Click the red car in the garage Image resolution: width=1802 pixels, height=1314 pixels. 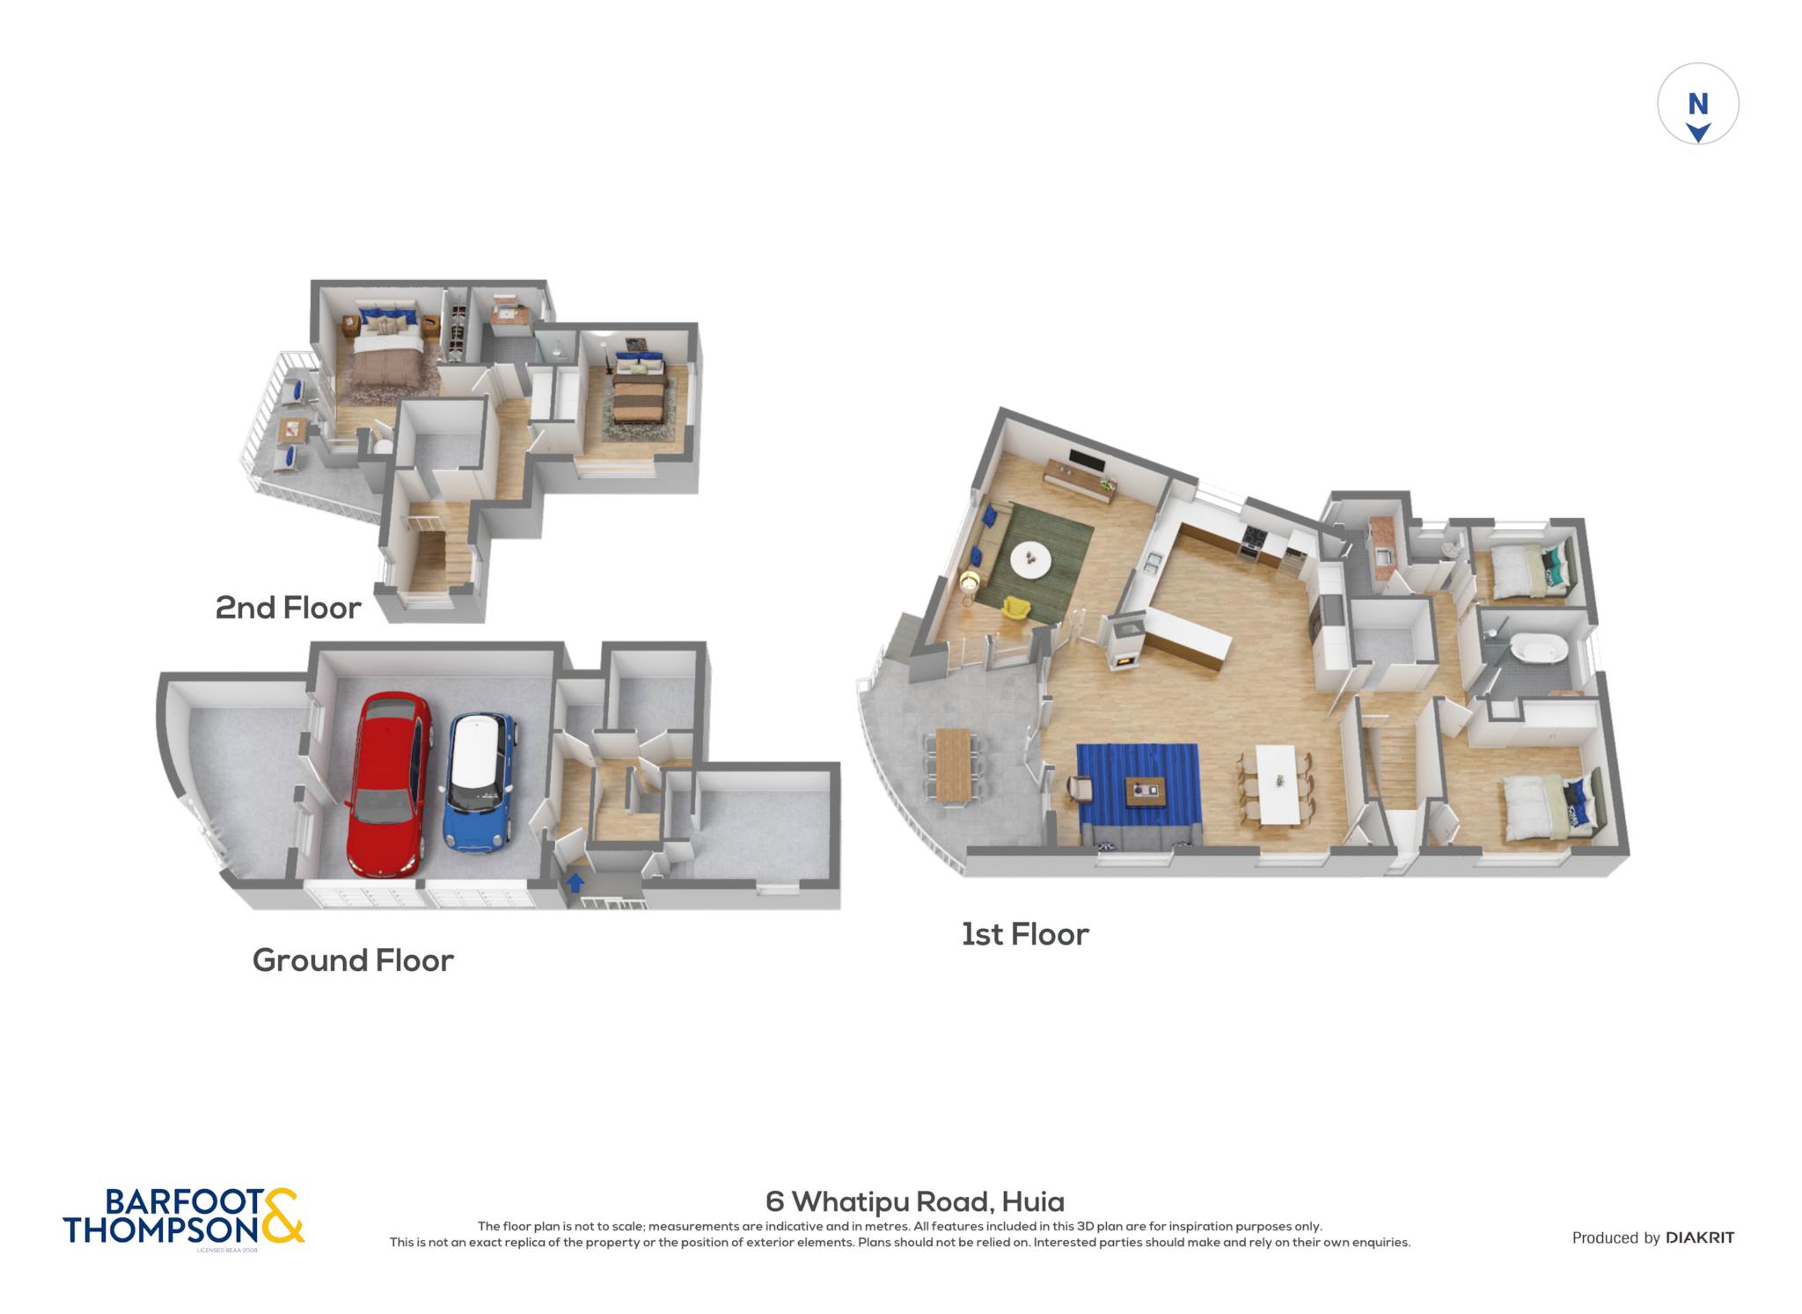(x=389, y=785)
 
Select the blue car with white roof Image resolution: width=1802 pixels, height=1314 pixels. (x=480, y=782)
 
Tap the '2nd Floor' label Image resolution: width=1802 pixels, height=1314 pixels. (x=288, y=608)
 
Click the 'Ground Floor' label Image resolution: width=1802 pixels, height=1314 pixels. (x=353, y=960)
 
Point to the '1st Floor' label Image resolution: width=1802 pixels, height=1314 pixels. (x=1025, y=934)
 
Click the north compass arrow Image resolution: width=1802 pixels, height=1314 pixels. (x=1698, y=133)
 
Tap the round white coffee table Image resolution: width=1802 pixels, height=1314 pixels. (x=1030, y=559)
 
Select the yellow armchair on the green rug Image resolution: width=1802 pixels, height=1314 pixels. (x=1016, y=607)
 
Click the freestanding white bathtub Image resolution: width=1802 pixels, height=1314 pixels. (x=1539, y=652)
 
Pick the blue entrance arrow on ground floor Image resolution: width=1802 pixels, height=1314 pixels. (x=575, y=881)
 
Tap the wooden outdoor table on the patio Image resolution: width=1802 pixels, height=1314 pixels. (x=953, y=764)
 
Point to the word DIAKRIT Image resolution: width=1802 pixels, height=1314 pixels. (x=1700, y=1237)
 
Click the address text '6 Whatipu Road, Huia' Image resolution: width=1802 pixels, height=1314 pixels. (x=915, y=1201)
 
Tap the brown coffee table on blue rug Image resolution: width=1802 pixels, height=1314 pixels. (x=1146, y=791)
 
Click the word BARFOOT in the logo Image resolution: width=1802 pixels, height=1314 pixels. (x=184, y=1201)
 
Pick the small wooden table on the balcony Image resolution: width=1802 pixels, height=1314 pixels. (x=291, y=429)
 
